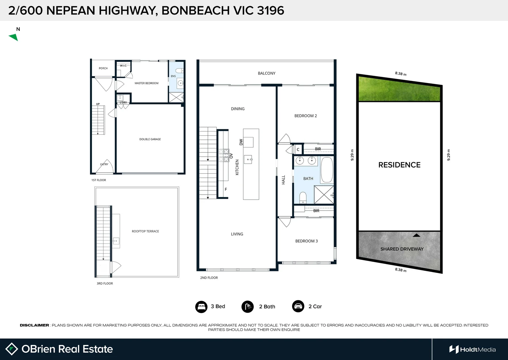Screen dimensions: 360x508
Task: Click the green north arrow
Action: point(14,37)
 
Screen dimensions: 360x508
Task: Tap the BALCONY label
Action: point(266,73)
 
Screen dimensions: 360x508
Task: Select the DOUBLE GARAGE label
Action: point(150,139)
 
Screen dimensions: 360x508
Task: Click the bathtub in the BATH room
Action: point(327,170)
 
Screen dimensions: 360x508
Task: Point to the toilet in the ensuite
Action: point(179,71)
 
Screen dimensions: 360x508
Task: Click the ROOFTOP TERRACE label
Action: point(145,231)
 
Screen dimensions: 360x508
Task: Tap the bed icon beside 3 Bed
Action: point(201,307)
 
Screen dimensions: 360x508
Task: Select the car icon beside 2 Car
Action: point(298,306)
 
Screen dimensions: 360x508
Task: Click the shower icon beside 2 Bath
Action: point(247,307)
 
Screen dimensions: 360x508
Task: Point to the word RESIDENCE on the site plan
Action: point(399,165)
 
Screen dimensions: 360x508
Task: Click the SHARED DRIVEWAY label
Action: point(402,249)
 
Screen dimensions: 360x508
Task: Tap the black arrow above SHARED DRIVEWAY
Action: point(416,235)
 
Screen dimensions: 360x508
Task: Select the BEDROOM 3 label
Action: point(306,241)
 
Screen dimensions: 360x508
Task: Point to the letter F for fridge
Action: point(226,189)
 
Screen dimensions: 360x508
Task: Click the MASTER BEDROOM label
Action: point(146,83)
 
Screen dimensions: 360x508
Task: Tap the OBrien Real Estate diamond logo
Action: point(12,349)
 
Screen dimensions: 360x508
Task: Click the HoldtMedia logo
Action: point(472,349)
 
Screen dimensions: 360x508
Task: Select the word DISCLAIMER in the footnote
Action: point(34,325)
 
